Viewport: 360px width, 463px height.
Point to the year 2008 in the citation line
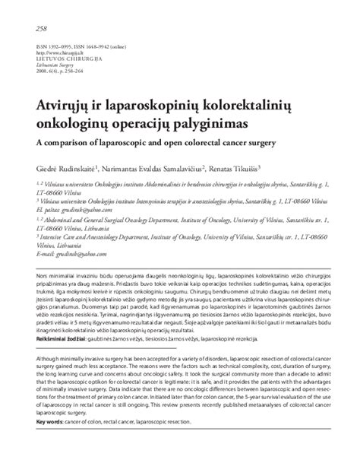coord(43,73)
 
